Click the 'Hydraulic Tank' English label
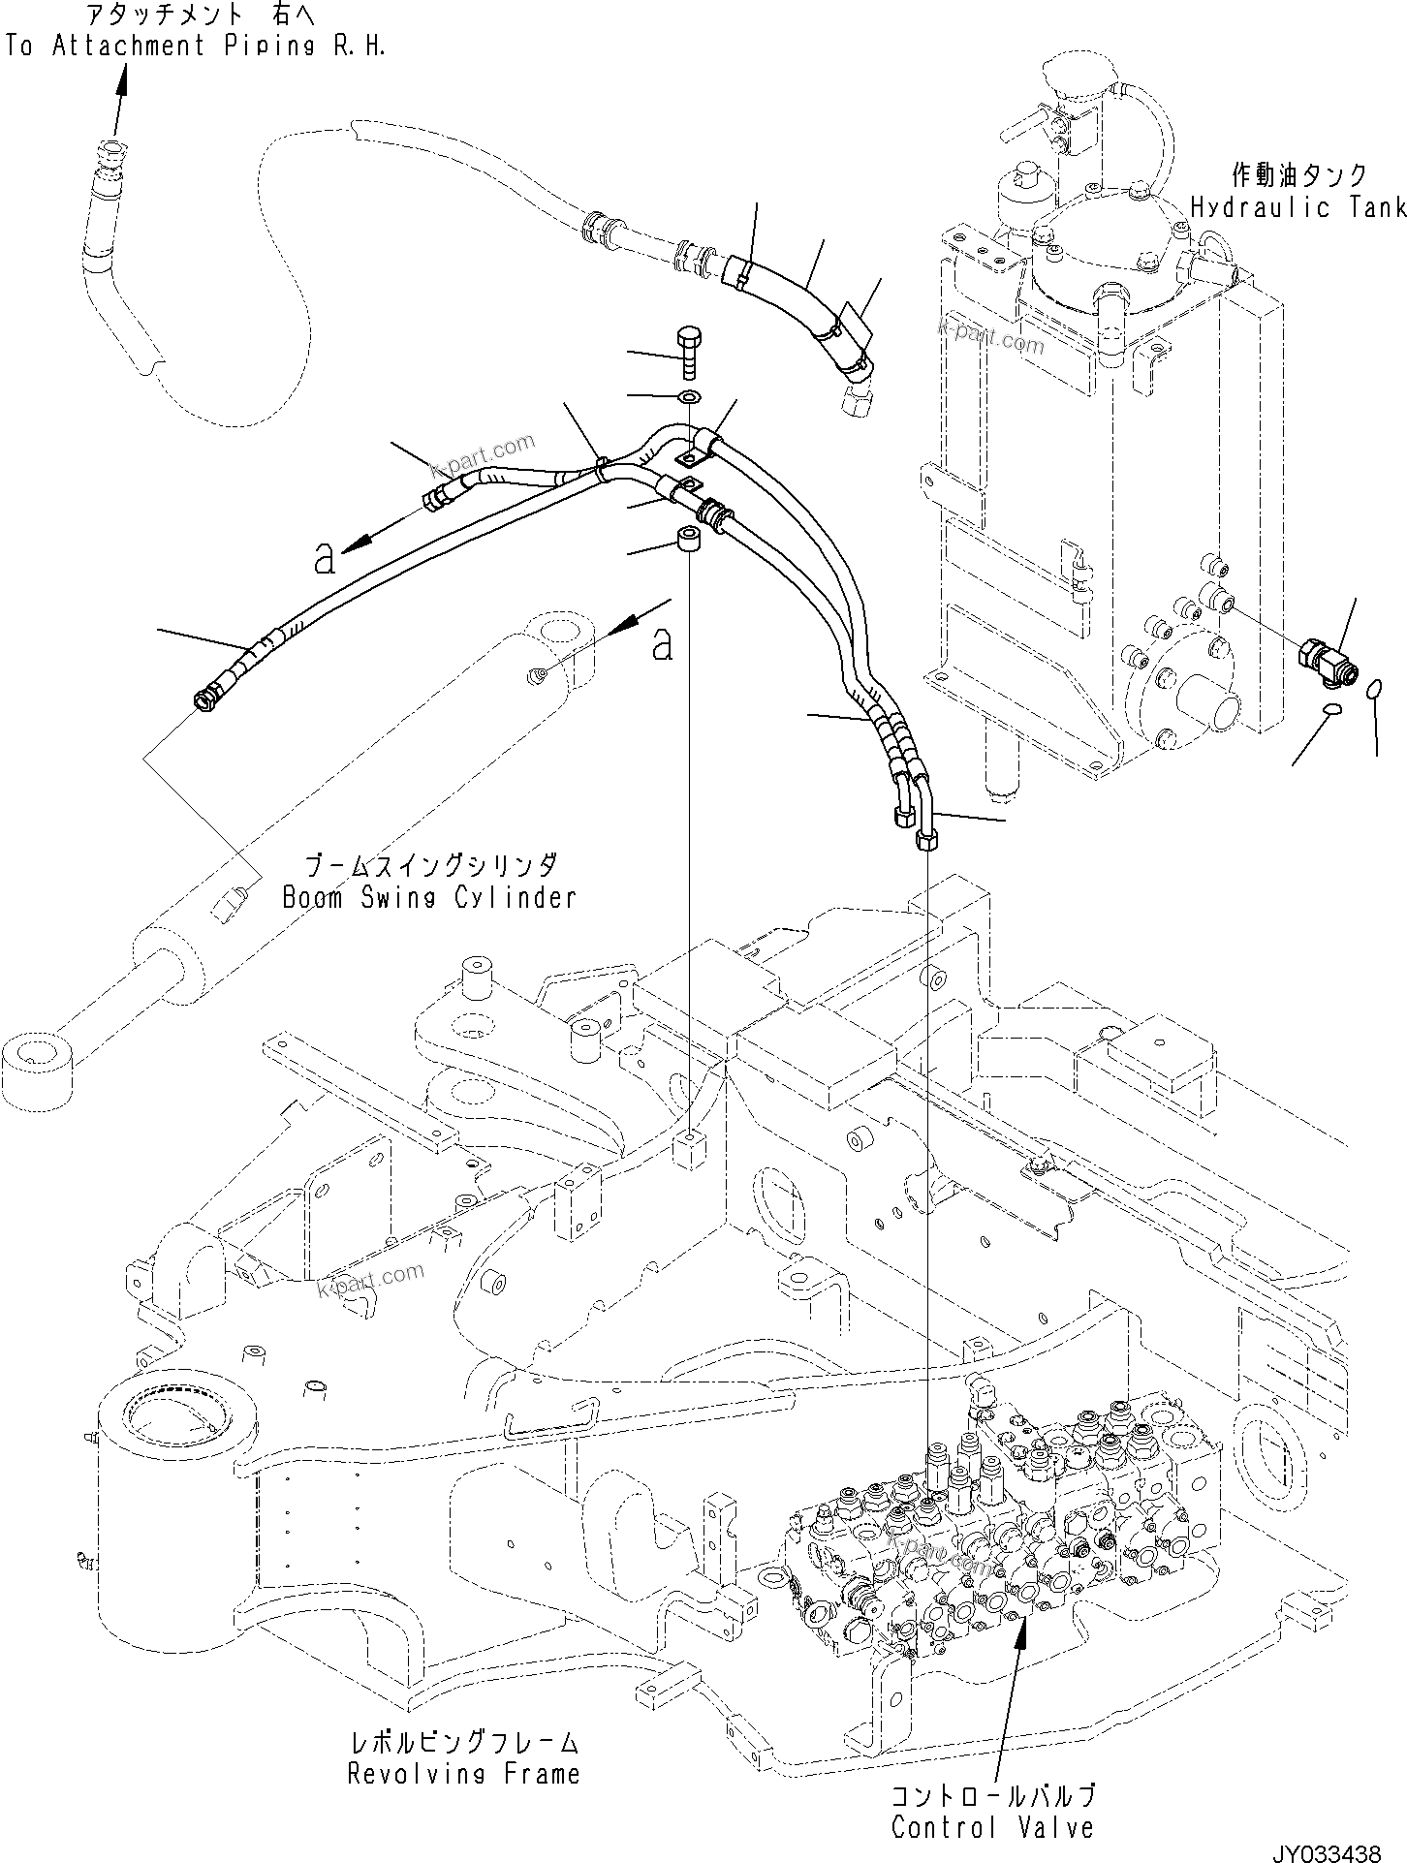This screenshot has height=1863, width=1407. (x=1298, y=206)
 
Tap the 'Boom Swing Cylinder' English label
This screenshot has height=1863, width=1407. (x=428, y=897)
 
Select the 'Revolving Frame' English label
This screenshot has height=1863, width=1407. (x=463, y=1774)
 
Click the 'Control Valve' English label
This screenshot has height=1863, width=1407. (x=992, y=1827)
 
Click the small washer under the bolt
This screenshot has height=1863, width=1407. (x=690, y=396)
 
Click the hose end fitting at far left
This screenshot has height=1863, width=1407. (x=205, y=698)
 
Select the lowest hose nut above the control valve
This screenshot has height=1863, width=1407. (x=926, y=839)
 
